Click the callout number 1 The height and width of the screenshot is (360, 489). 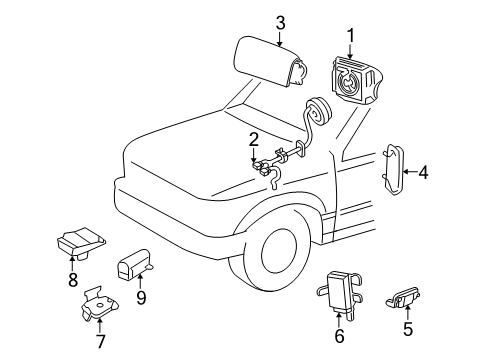click(350, 36)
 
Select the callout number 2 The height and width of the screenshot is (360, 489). click(255, 139)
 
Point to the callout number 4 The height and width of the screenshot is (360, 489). click(423, 172)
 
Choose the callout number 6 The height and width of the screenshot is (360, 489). click(339, 336)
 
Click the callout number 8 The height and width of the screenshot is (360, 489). click(73, 281)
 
